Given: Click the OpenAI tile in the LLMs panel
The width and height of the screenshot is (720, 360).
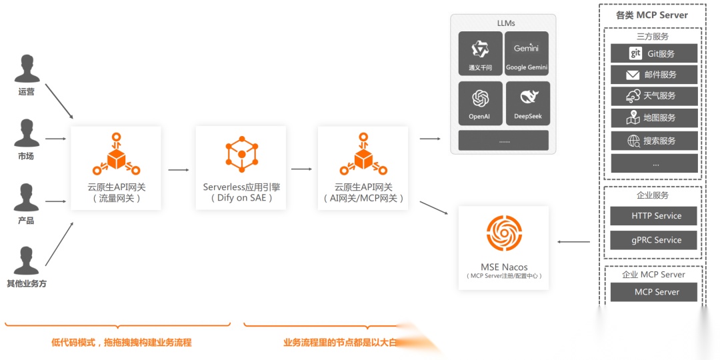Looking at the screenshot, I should coord(480,103).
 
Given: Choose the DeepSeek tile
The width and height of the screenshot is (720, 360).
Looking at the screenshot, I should coord(527,103).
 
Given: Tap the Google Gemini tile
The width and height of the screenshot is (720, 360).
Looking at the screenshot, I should coord(526,53).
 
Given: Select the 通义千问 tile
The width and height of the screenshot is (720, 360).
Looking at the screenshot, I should coord(480,53).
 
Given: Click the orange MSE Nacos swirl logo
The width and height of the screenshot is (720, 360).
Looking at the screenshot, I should coord(503,233).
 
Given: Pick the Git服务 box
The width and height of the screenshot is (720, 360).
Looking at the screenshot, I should coord(654,53).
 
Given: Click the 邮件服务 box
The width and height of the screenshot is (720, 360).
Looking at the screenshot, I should coord(654,75).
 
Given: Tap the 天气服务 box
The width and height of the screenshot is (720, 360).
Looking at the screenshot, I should coord(654,96).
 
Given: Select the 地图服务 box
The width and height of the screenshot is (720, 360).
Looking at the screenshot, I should coord(654,118).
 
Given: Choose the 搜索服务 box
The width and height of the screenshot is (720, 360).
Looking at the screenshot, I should coord(654,141).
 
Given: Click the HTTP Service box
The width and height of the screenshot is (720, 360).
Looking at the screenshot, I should coord(654,216).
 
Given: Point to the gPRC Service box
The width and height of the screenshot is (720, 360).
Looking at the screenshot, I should coord(654,240).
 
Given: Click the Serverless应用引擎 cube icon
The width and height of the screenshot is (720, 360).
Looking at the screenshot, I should coord(241,154).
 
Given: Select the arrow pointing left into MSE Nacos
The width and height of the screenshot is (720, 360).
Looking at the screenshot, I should coord(573,242).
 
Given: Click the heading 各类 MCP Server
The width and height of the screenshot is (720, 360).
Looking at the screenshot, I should coord(652,15).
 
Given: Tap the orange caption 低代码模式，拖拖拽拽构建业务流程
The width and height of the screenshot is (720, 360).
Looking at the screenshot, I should coord(121,343).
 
